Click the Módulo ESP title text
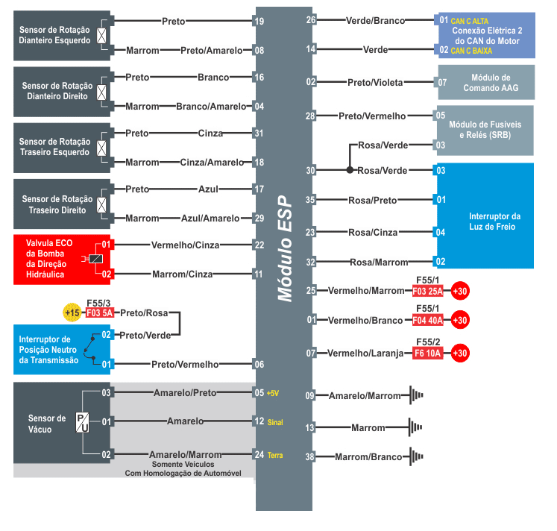284,249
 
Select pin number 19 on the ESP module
259,22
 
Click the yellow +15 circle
72,313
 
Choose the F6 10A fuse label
429,353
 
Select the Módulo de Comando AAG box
486,82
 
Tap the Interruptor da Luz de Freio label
494,221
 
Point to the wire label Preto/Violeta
374,82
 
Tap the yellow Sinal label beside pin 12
275,422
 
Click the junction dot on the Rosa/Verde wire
350,170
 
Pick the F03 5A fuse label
99,313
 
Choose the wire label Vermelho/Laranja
365,353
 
